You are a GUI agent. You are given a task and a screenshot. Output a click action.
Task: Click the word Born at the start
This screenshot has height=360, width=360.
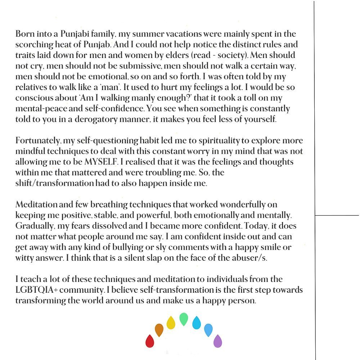[x=24, y=35]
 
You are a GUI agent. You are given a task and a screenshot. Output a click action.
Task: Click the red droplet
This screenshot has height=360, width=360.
[x=150, y=341]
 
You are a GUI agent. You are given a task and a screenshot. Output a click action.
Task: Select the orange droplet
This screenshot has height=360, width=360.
[x=159, y=330]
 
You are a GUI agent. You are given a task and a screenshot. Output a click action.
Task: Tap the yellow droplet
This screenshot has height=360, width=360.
[x=171, y=322]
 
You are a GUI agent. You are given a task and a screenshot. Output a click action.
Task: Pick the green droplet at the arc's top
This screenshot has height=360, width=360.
[x=184, y=319]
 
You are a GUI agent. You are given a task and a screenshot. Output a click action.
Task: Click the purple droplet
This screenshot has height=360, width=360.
[x=218, y=341]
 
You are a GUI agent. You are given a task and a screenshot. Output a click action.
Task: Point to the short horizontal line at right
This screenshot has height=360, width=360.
[x=337, y=215]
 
